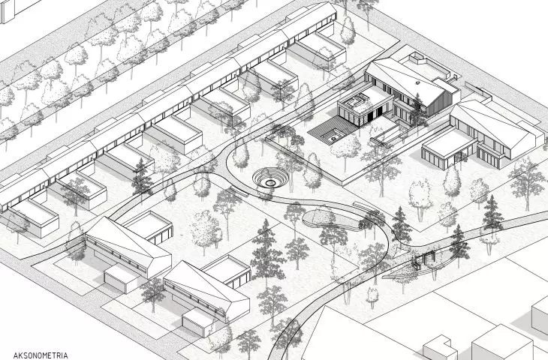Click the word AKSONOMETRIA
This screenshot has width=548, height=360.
pos(41,355)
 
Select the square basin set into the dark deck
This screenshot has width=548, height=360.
pos(334,136)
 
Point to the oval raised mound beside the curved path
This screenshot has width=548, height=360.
pos(331,220)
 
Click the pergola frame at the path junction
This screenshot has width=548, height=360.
pos(424,259)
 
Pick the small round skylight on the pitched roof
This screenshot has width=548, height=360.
pos(417,82)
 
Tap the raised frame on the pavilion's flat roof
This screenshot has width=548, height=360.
pos(355,101)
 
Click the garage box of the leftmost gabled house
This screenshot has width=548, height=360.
pos(122,279)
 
